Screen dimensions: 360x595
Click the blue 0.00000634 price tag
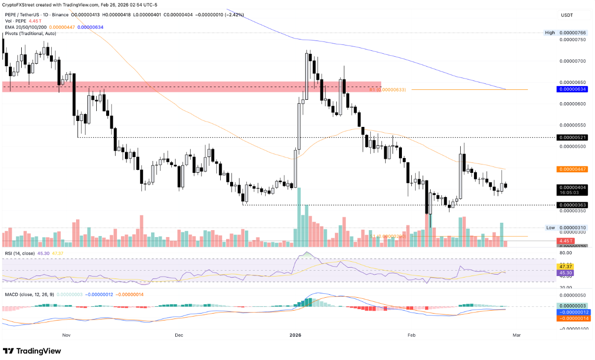[572, 89]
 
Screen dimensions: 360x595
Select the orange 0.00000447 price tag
[572, 169]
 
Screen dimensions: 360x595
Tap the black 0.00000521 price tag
[572, 137]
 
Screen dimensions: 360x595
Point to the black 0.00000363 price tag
[572, 205]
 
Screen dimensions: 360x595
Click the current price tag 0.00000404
[572, 188]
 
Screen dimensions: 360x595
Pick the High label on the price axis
[550, 33]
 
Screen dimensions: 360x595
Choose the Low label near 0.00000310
[550, 228]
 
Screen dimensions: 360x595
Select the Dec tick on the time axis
[179, 335]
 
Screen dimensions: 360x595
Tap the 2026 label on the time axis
[295, 335]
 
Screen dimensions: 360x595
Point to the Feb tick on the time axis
[411, 335]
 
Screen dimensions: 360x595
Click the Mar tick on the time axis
[516, 335]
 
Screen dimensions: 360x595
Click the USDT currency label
[566, 15]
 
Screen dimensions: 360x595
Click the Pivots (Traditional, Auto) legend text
[30, 33]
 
